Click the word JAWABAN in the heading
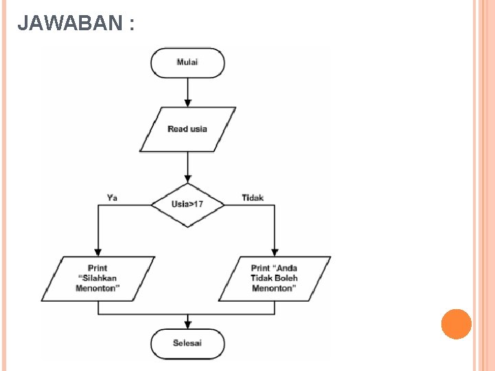(69, 24)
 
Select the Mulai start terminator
(188, 63)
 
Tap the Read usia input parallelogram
(188, 129)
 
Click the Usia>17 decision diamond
(188, 205)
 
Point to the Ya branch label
(112, 198)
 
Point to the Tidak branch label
(252, 198)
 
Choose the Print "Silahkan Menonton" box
(98, 278)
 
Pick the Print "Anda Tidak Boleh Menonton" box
(274, 278)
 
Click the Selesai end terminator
(188, 343)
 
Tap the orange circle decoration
(456, 324)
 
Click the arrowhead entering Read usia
(188, 103)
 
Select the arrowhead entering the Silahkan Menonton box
(98, 252)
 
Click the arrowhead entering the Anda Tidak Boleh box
(275, 252)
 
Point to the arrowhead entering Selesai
(188, 325)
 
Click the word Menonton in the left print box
(98, 289)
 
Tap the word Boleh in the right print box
(286, 278)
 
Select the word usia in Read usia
(198, 129)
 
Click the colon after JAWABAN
(131, 25)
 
